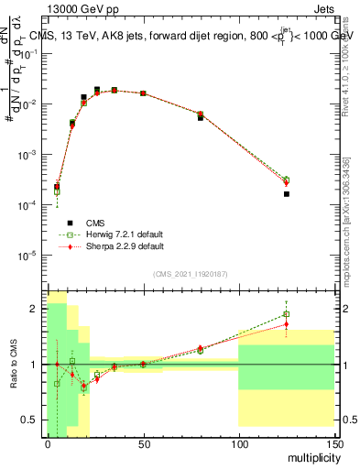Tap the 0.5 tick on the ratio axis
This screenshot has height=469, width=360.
[34, 420]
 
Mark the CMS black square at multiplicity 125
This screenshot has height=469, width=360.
[286, 194]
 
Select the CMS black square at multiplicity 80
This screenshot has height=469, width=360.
[201, 118]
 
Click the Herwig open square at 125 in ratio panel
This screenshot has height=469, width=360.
[286, 314]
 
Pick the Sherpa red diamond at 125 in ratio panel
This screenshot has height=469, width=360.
[286, 323]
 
